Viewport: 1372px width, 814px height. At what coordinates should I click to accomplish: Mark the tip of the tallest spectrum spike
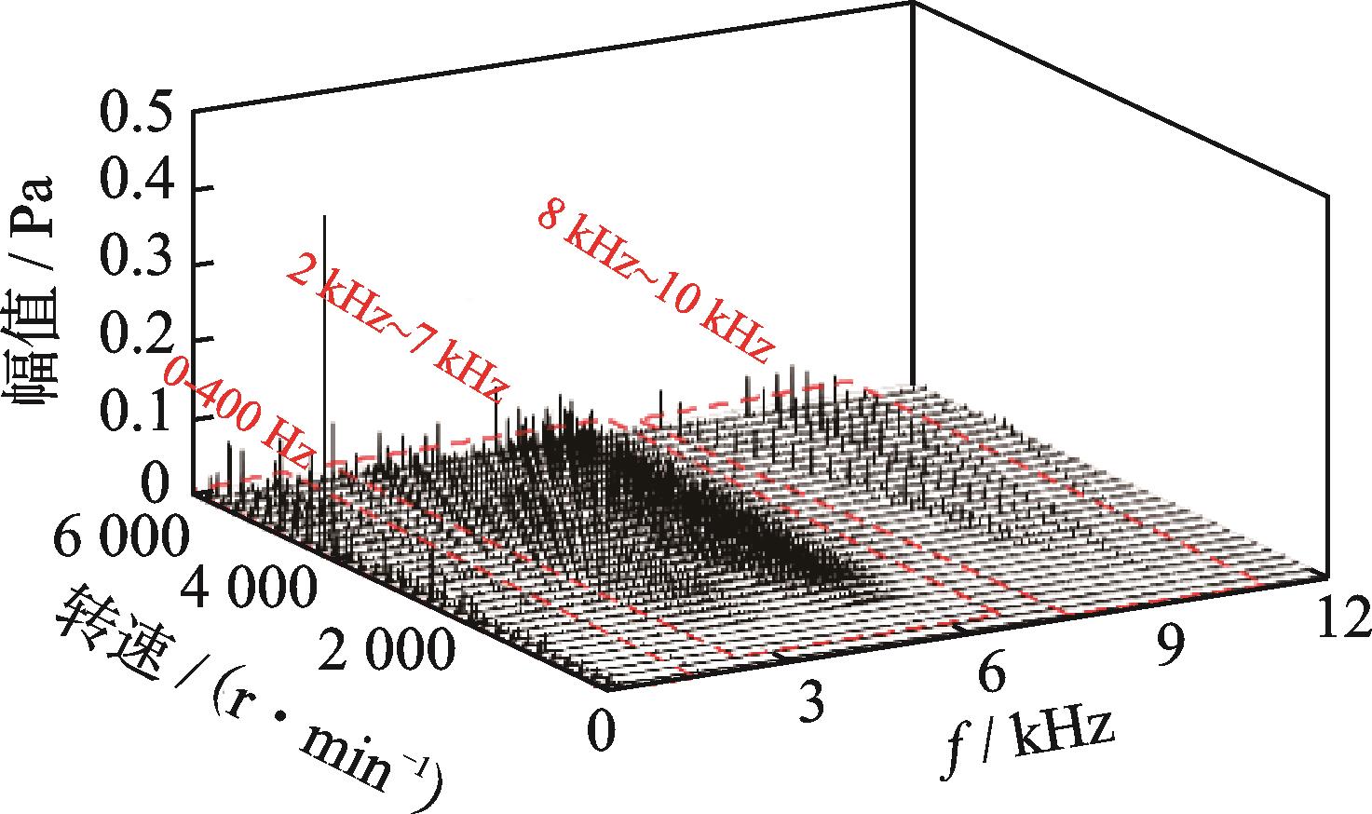pyautogui.click(x=324, y=216)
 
